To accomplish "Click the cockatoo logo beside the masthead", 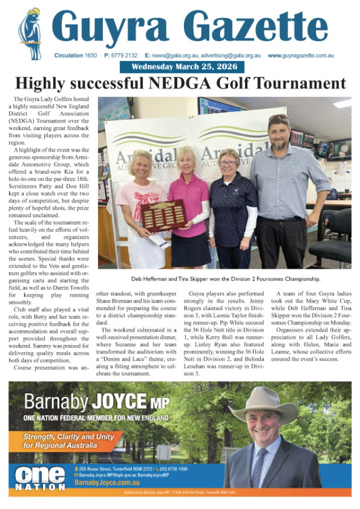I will [x=29, y=34].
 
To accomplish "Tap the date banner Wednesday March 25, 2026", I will [x=182, y=67].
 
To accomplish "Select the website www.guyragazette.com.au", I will [x=301, y=55].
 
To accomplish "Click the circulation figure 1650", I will [x=91, y=55].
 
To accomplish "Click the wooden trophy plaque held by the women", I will [x=164, y=214].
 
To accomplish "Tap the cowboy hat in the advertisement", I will [x=264, y=403].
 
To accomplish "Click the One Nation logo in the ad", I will [x=40, y=478].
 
